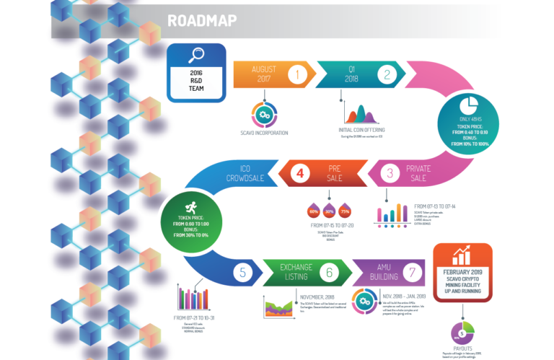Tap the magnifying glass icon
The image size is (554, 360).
click(x=196, y=56)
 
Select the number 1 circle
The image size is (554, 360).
click(x=297, y=74)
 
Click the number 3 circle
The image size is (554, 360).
click(x=390, y=173)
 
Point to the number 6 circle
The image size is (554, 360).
click(x=330, y=273)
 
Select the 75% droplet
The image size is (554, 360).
click(x=346, y=211)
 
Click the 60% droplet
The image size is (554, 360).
click(x=314, y=211)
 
